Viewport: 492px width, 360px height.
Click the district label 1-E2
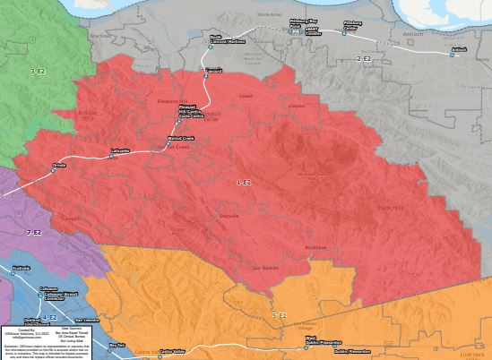point(244,182)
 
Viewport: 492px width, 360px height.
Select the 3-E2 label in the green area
point(38,71)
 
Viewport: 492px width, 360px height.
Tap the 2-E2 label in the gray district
point(365,58)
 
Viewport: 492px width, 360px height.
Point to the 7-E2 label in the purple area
point(34,233)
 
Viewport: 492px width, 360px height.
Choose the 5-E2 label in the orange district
point(279,316)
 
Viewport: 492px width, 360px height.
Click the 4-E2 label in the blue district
point(49,317)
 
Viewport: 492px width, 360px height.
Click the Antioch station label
point(460,49)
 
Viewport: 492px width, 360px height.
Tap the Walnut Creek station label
point(182,138)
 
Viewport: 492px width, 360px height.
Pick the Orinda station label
point(59,165)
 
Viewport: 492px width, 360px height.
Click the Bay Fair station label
point(117,345)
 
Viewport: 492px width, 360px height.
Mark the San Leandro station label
point(87,320)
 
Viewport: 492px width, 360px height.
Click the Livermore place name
point(471,355)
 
